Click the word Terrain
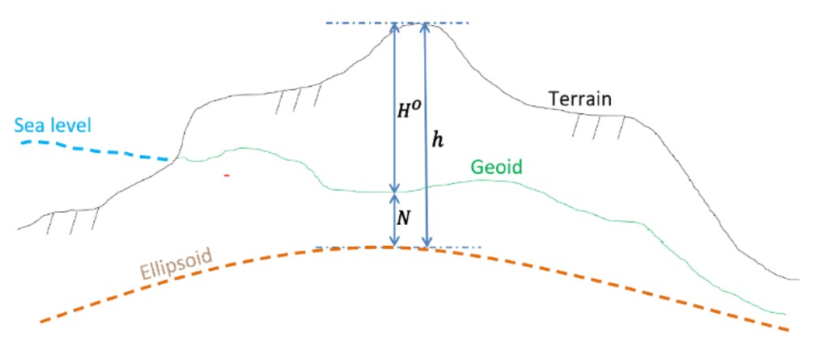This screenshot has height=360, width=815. tap(581, 99)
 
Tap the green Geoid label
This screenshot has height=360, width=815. tap(496, 167)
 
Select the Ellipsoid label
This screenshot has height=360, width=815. tap(176, 265)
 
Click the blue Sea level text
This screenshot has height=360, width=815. tap(53, 125)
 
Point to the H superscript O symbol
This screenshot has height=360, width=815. tap(409, 111)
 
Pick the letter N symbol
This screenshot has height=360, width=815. tap(403, 218)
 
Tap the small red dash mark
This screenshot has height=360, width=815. tap(227, 176)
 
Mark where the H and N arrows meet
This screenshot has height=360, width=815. tap(394, 193)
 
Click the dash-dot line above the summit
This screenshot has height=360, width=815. tap(397, 23)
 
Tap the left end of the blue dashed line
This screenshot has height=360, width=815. tap(22, 142)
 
